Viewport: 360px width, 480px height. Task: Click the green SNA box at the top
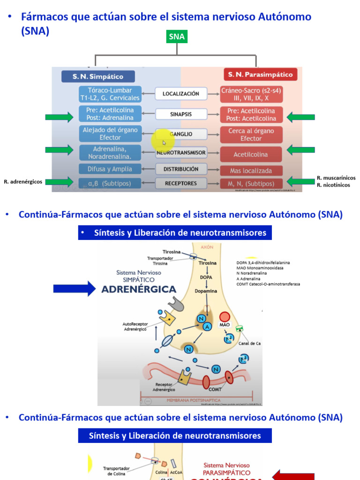click(177, 37)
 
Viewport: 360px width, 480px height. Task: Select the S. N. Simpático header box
click(98, 76)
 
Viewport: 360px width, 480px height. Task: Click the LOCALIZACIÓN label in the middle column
click(180, 94)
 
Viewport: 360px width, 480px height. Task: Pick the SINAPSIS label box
click(180, 114)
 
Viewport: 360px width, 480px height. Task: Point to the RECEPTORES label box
click(180, 183)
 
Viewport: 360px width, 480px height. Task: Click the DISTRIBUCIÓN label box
click(180, 169)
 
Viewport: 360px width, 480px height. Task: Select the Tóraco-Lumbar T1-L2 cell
click(110, 94)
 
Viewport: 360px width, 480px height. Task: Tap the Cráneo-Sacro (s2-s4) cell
click(251, 94)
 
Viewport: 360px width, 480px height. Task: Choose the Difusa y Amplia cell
click(110, 169)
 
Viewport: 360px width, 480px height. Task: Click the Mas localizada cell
click(251, 171)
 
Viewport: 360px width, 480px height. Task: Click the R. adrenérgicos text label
click(23, 181)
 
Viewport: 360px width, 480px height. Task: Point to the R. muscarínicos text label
click(336, 178)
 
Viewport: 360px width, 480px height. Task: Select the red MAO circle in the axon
click(225, 317)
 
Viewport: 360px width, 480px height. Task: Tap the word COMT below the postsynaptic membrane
click(216, 390)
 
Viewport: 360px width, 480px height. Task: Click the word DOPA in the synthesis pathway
click(206, 277)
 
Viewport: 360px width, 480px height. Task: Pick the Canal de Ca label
click(249, 344)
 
